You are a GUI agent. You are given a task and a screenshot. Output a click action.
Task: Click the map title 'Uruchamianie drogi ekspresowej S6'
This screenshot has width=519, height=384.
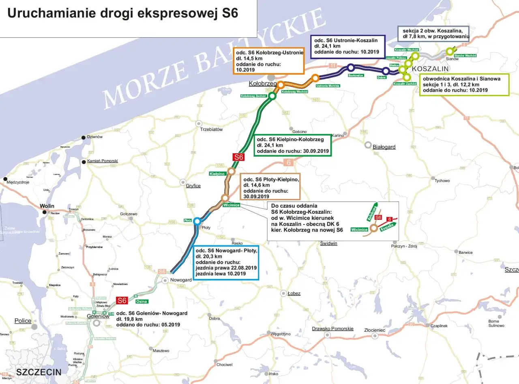pyautogui.click(x=122, y=13)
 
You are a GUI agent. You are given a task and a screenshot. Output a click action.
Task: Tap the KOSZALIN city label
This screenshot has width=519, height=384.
pyautogui.click(x=430, y=69)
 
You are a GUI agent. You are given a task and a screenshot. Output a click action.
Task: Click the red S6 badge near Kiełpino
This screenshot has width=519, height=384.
pyautogui.click(x=238, y=157)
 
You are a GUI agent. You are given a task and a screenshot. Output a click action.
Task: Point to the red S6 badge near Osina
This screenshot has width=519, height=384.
pyautogui.click(x=122, y=300)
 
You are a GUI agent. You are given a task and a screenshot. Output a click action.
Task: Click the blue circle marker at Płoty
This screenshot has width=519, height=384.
pyautogui.click(x=197, y=221)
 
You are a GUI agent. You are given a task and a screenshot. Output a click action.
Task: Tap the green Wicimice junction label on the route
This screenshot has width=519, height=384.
pyautogui.click(x=232, y=205)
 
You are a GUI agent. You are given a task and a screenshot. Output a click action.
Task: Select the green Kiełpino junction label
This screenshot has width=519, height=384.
pyautogui.click(x=217, y=174)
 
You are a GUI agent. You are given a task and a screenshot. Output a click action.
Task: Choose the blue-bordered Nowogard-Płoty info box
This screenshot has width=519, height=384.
pyautogui.click(x=226, y=262)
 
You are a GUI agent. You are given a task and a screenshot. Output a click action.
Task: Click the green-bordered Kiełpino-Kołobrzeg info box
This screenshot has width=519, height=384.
pyautogui.click(x=292, y=145)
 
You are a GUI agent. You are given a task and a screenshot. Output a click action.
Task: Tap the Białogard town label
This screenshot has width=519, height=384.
pyautogui.click(x=384, y=147)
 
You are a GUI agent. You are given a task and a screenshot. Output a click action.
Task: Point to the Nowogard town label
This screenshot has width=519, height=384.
pyautogui.click(x=181, y=280)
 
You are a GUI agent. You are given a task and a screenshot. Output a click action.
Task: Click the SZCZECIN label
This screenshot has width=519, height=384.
pyautogui.click(x=39, y=372)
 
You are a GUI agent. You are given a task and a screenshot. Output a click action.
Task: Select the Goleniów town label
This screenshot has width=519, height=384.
pyautogui.click(x=98, y=316)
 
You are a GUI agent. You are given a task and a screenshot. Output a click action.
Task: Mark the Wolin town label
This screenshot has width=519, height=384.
pyautogui.click(x=47, y=206)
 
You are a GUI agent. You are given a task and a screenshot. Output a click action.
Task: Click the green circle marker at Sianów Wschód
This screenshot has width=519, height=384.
pyautogui.click(x=449, y=51)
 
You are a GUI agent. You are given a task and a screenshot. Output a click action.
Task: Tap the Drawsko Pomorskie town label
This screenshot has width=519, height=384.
pyautogui.click(x=332, y=328)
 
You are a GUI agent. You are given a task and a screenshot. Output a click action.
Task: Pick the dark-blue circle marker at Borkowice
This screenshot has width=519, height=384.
pyautogui.click(x=351, y=68)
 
